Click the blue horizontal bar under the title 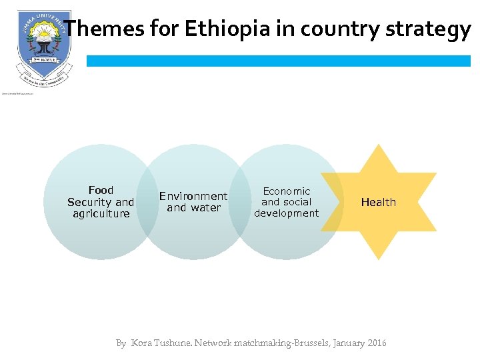pos(278,61)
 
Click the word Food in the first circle pos(101,190)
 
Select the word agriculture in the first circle pos(101,213)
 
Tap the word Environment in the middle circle pos(193,196)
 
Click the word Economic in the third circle pos(287,191)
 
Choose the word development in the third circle pos(287,213)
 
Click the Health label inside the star pos(379,202)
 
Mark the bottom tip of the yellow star pos(379,258)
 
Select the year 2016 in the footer pos(375,343)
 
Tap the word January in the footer pos(344,343)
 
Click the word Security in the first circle pos(83,202)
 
